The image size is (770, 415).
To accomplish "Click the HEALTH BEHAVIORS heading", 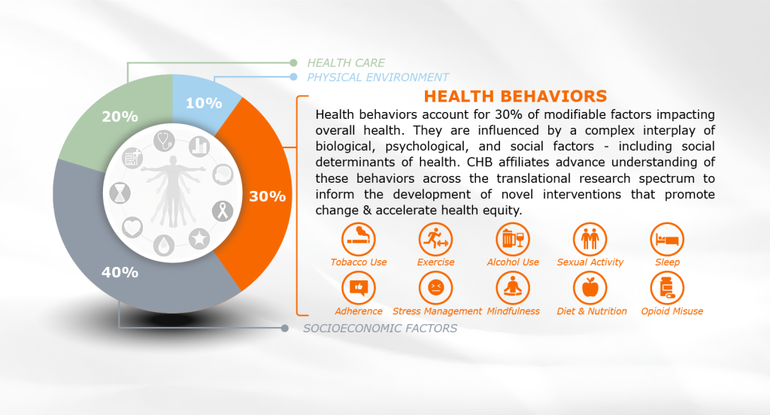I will [515, 96].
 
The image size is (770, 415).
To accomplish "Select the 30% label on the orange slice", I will [267, 197].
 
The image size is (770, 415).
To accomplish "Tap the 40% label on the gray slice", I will [120, 271].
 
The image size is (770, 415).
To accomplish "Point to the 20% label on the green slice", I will [120, 117].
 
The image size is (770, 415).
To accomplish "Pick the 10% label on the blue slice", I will [204, 103].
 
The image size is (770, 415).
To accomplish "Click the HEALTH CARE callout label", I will [346, 63].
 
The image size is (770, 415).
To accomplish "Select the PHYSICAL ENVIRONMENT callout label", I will [378, 77].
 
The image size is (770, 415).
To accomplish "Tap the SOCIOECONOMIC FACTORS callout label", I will [380, 328].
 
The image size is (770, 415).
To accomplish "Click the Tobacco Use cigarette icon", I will [359, 240].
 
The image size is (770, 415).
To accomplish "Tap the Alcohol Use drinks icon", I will [513, 240].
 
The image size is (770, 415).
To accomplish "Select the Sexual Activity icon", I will [590, 240].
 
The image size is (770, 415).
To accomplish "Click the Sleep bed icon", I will [667, 240].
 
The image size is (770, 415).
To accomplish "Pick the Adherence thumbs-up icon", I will [359, 288].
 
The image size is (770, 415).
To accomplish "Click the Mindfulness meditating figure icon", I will [513, 288].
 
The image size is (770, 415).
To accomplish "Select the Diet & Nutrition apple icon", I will [590, 288].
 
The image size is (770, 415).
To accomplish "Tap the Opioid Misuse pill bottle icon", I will [667, 288].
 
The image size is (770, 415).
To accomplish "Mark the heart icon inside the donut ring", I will [132, 226].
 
